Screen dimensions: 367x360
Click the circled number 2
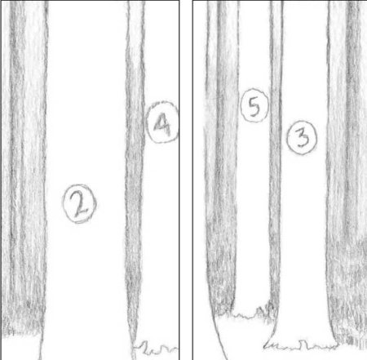(79, 203)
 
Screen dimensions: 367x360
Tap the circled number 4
(162, 122)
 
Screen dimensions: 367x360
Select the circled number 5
(254, 105)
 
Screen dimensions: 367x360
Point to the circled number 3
(302, 138)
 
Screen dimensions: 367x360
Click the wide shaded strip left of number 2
(24, 169)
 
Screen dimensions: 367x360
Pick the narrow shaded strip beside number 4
(135, 174)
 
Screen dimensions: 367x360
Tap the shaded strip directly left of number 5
(222, 158)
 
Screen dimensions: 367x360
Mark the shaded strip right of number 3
(347, 174)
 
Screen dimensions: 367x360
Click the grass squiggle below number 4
(157, 349)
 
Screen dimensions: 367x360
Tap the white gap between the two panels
(186, 180)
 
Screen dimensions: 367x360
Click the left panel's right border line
(179, 180)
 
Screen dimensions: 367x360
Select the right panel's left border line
(192, 180)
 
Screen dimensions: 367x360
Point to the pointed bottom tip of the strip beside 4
(133, 358)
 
